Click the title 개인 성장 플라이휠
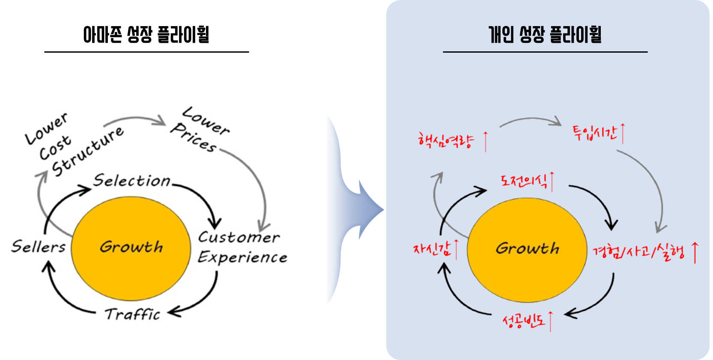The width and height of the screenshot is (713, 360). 545,35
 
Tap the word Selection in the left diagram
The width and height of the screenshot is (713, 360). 132,181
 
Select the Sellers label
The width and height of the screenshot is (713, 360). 39,247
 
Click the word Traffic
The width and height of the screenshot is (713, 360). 133,315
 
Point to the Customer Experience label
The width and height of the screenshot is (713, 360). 242,247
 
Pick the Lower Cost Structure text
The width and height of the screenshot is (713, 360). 73,146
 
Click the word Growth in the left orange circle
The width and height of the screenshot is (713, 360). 131,247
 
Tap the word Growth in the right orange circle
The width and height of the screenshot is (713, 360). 527,249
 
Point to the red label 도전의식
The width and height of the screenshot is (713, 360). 524,181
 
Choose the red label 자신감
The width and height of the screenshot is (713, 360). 432,249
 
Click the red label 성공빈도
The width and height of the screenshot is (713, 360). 523,321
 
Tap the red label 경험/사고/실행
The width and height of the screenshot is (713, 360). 638,252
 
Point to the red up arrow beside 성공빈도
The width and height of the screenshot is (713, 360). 550,321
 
